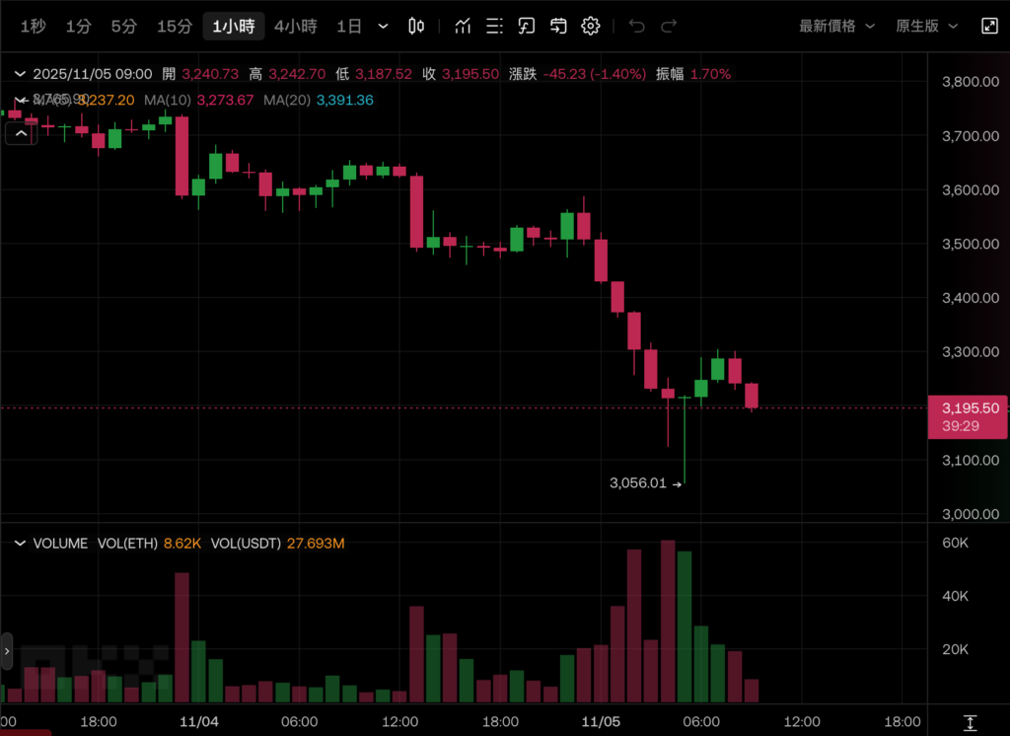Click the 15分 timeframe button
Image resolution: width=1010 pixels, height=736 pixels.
pyautogui.click(x=174, y=27)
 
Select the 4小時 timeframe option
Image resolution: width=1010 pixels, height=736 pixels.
pyautogui.click(x=296, y=27)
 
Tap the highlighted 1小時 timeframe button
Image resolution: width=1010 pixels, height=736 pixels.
pyautogui.click(x=234, y=27)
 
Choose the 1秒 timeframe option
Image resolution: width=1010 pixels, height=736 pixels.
pyautogui.click(x=33, y=27)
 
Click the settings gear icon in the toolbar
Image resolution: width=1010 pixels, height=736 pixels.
pyautogui.click(x=591, y=27)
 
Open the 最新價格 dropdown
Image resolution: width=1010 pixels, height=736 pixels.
pyautogui.click(x=836, y=27)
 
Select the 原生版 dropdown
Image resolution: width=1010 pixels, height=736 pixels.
pyautogui.click(x=924, y=27)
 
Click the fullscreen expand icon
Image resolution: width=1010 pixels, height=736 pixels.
pyautogui.click(x=989, y=27)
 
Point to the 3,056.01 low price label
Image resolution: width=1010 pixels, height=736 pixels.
pyautogui.click(x=638, y=483)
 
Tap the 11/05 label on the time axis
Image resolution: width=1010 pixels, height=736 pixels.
pyautogui.click(x=601, y=721)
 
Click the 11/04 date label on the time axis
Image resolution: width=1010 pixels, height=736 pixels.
pyautogui.click(x=199, y=721)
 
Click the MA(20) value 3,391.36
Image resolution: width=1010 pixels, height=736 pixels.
pyautogui.click(x=344, y=100)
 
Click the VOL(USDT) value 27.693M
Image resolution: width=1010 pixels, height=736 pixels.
pyautogui.click(x=316, y=544)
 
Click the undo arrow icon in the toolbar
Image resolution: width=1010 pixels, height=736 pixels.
pyautogui.click(x=637, y=27)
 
